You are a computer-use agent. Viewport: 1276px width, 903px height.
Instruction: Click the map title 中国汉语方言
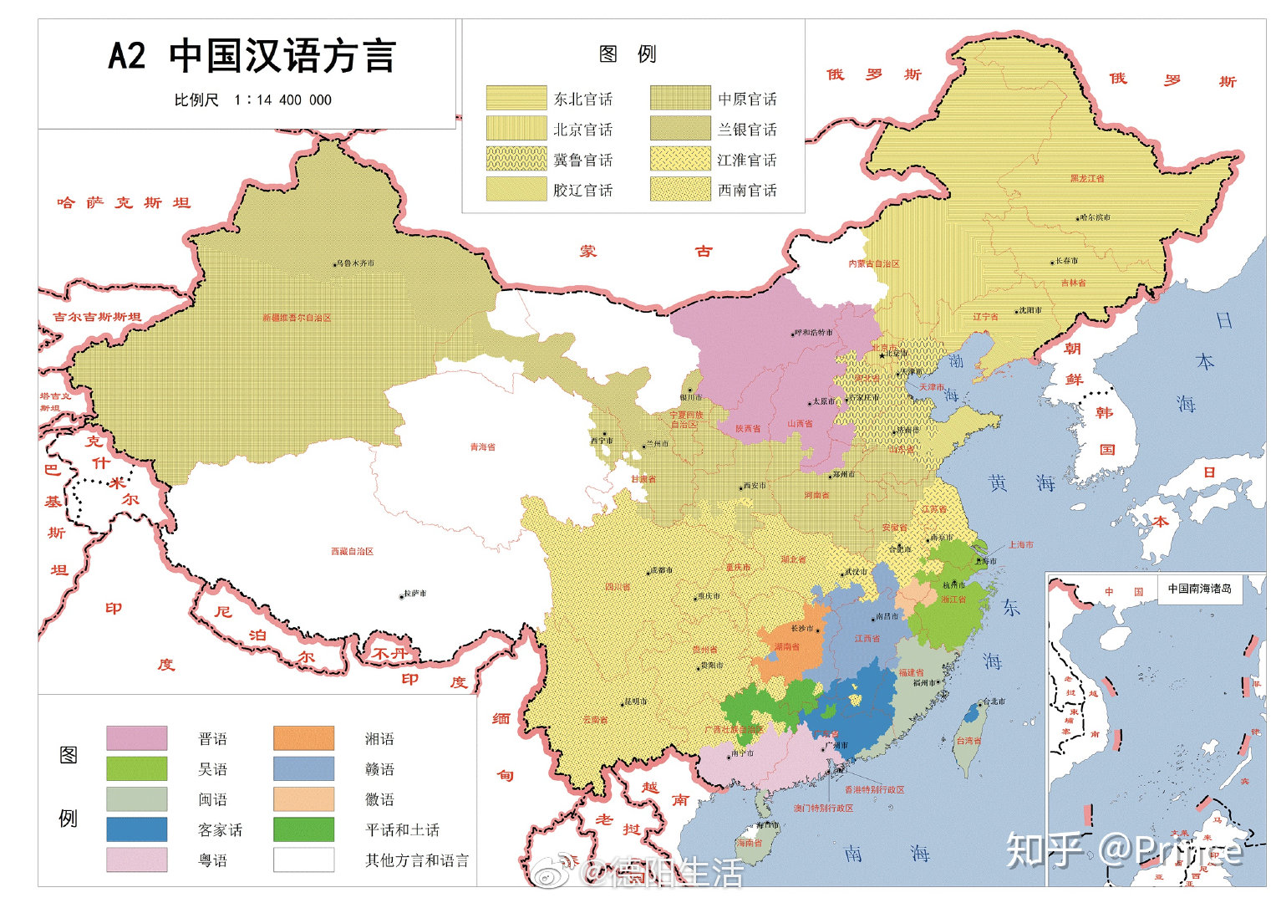(x=282, y=57)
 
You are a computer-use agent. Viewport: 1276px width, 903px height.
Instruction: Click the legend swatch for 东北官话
(x=516, y=99)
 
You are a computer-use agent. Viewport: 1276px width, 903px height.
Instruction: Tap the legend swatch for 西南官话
(x=680, y=190)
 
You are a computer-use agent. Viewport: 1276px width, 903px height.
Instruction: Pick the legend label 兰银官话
(x=747, y=130)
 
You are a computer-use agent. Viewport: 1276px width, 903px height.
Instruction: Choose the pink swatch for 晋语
(x=136, y=738)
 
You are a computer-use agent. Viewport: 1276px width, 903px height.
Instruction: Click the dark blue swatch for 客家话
(x=136, y=829)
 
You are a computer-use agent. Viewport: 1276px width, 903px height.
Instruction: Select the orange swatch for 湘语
(x=303, y=738)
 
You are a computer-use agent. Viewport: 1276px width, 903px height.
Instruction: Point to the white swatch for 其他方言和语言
(x=303, y=860)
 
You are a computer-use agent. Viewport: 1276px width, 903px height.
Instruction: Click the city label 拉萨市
(x=414, y=594)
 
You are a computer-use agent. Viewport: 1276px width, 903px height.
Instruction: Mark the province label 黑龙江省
(x=1086, y=179)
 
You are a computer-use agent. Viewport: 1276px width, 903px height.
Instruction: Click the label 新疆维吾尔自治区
(x=297, y=318)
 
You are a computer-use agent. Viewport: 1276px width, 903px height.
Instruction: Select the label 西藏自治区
(x=352, y=552)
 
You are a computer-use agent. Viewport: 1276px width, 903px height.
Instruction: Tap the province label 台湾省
(x=969, y=741)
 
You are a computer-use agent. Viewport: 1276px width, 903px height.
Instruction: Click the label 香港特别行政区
(x=874, y=789)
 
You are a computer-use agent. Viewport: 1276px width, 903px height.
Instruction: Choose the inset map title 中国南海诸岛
(x=1199, y=589)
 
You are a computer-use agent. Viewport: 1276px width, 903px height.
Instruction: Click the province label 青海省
(x=482, y=447)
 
